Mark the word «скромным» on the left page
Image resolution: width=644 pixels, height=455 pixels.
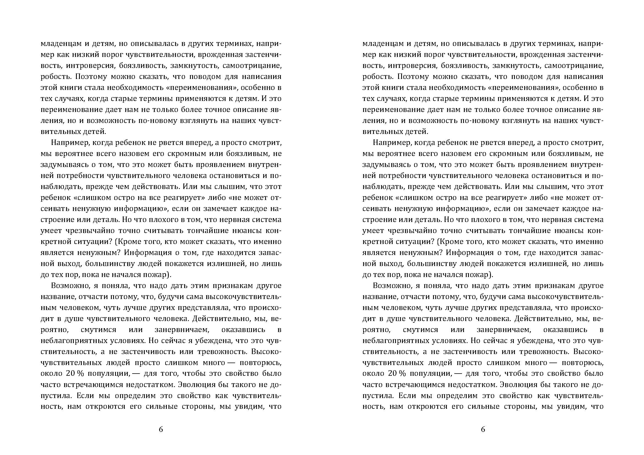coord(164,154)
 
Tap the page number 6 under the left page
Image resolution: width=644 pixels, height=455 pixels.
coord(161,429)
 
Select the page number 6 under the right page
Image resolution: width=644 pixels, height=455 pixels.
coord(483,429)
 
